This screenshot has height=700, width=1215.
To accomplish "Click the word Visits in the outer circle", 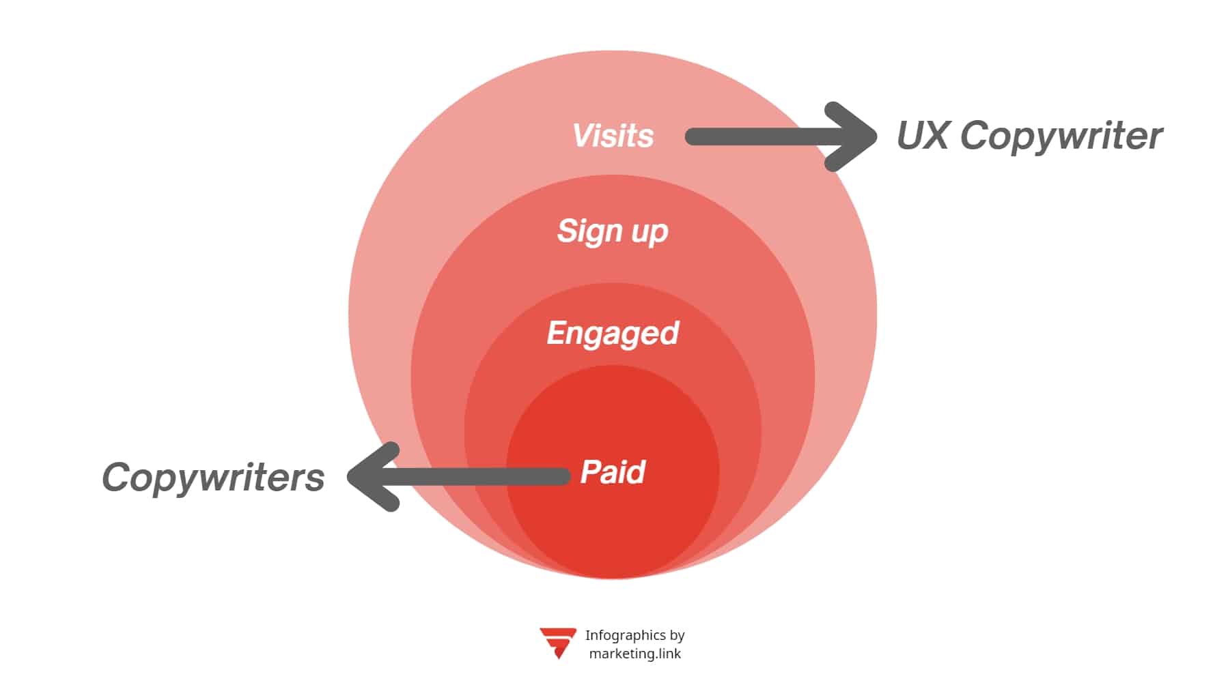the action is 613,136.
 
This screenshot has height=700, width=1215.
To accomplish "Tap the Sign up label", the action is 612,231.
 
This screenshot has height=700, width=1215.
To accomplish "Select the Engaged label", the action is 613,334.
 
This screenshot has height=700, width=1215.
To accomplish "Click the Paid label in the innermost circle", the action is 613,472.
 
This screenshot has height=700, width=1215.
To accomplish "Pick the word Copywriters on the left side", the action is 213,477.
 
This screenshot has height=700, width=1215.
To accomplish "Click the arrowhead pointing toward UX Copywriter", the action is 854,136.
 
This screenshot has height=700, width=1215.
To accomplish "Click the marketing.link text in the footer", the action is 634,654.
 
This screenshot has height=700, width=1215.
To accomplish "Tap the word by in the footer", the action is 677,635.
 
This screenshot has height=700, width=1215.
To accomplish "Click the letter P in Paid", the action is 589,472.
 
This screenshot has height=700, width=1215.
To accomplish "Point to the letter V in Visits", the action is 583,135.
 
